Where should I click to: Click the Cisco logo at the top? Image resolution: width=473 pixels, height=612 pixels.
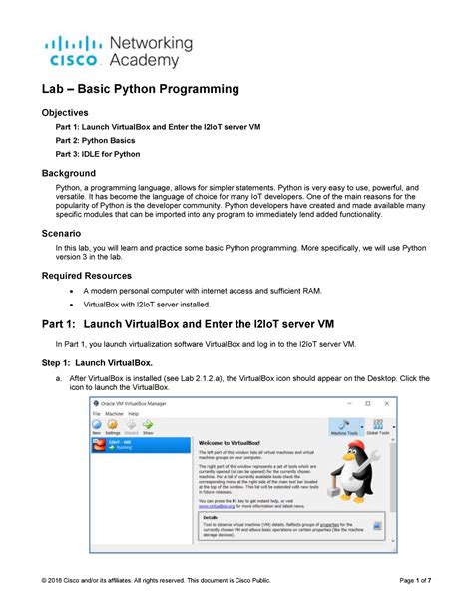(x=69, y=51)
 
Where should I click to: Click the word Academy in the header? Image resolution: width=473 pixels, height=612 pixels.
(x=145, y=61)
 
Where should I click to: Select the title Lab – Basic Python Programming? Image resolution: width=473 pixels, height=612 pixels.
(x=140, y=90)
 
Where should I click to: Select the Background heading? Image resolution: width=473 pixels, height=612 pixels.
(x=67, y=174)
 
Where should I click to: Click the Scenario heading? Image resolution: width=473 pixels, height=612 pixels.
(x=59, y=232)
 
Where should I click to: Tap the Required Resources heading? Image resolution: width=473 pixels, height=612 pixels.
(x=90, y=274)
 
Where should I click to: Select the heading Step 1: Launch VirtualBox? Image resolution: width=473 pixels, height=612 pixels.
(x=96, y=363)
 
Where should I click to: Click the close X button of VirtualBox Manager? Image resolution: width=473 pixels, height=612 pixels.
(x=389, y=403)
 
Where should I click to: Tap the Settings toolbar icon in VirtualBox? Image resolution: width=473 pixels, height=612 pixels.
(x=114, y=427)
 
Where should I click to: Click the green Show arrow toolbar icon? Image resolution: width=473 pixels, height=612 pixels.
(x=148, y=426)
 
